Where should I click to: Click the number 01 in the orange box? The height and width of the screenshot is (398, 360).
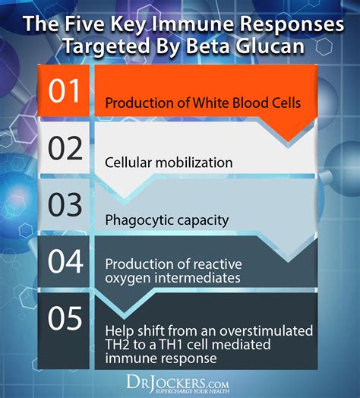click(65, 90)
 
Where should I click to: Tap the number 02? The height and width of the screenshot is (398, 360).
click(65, 148)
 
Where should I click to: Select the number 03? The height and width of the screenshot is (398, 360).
click(65, 204)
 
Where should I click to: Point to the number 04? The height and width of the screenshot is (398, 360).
click(65, 261)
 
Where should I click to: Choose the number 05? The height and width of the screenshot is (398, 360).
click(65, 318)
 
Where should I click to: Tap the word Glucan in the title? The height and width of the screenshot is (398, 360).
click(270, 46)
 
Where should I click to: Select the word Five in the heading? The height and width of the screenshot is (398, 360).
click(84, 24)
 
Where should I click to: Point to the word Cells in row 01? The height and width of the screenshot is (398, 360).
click(285, 103)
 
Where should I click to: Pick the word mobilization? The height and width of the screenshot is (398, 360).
click(194, 163)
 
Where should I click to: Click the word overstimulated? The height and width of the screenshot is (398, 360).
click(266, 331)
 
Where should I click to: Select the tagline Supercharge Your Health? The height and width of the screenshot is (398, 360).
click(192, 391)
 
